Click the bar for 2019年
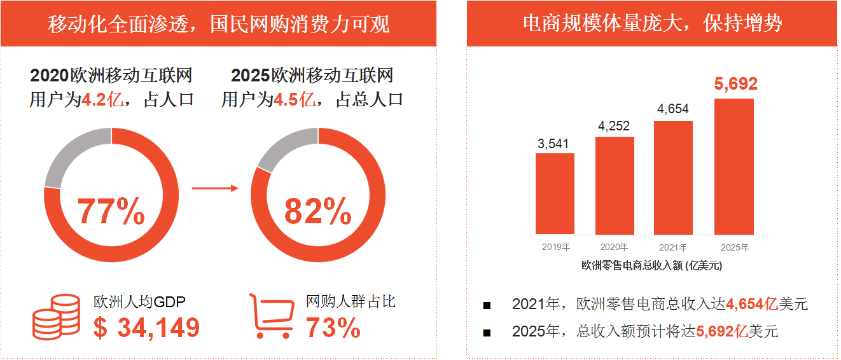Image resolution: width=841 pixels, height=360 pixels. point(555,194)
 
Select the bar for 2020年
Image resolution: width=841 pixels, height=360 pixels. point(615,186)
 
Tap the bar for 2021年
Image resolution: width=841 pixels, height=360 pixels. point(673,177)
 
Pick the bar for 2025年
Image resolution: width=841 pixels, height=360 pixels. point(734,167)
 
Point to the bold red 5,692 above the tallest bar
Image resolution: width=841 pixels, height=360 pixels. point(736,84)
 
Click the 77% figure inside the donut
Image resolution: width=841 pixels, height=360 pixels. point(111,212)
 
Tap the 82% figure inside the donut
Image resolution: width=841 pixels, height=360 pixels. point(318,212)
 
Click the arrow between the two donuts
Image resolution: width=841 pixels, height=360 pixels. point(214,188)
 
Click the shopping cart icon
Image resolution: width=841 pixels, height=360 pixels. point(272,316)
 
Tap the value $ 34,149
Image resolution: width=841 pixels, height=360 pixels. point(146,328)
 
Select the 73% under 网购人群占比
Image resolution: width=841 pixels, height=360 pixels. point(333,328)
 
